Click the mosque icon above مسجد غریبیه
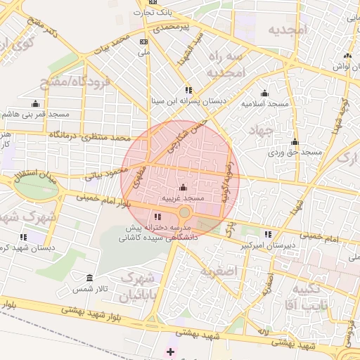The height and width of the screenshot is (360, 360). (184, 188)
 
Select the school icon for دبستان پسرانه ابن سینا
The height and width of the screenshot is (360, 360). (188, 90)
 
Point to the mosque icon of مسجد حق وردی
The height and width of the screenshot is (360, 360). (295, 142)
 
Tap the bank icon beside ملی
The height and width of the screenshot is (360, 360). (145, 41)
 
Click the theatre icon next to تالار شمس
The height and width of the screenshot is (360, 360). (89, 278)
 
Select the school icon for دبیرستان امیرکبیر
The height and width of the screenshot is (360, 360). (268, 234)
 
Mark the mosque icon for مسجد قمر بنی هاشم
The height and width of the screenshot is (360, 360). (35, 103)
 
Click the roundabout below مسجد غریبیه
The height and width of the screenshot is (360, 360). (184, 212)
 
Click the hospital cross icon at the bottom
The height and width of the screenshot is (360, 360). (170, 351)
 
